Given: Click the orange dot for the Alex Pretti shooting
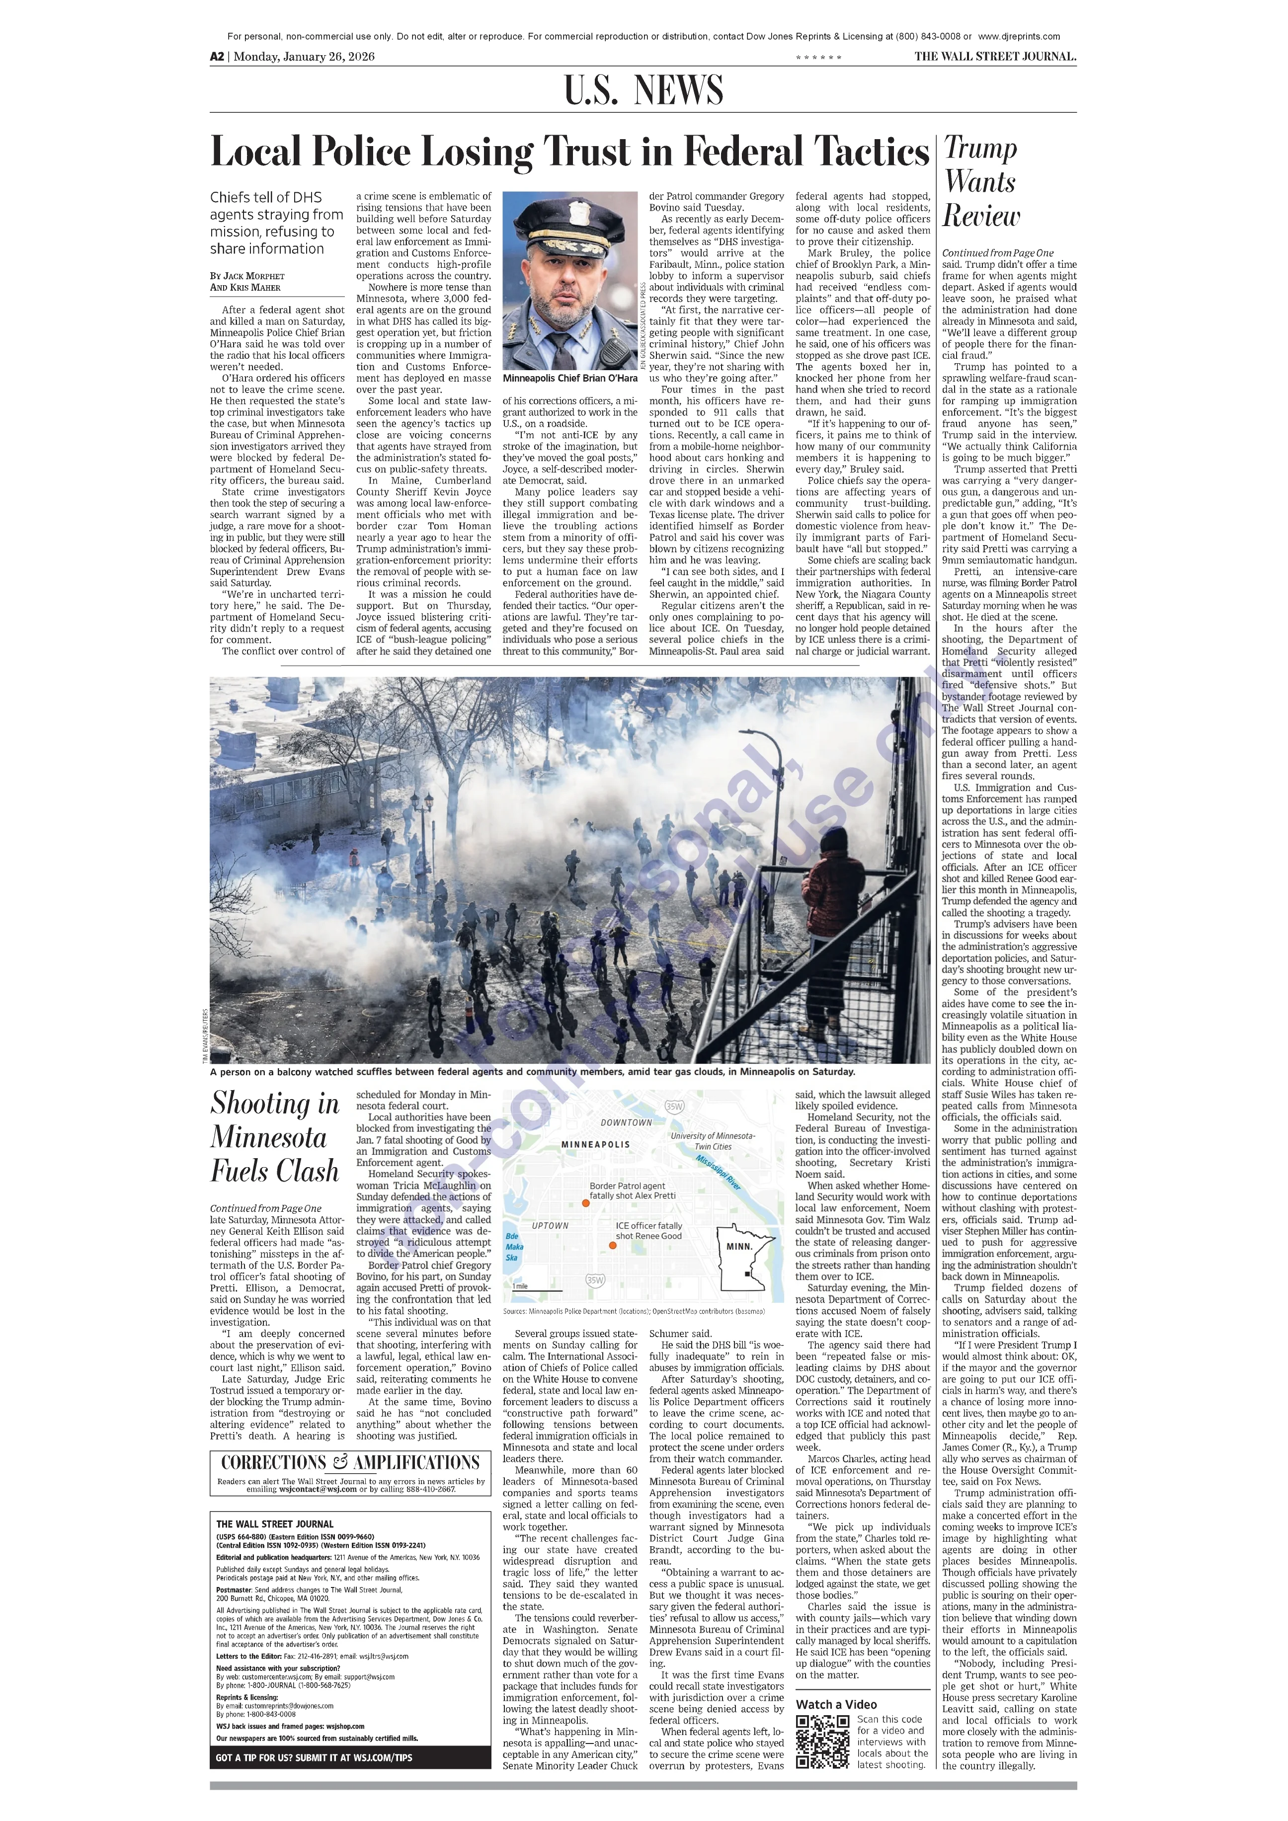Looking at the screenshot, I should (586, 1203).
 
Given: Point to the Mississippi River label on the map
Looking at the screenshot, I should (718, 1172).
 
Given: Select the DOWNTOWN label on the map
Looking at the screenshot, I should (627, 1122).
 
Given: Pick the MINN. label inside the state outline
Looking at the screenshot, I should (739, 1246).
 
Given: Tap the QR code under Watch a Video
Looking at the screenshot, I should (822, 1742).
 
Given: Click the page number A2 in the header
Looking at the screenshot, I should (217, 56).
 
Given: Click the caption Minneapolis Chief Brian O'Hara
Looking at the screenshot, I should (569, 378).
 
